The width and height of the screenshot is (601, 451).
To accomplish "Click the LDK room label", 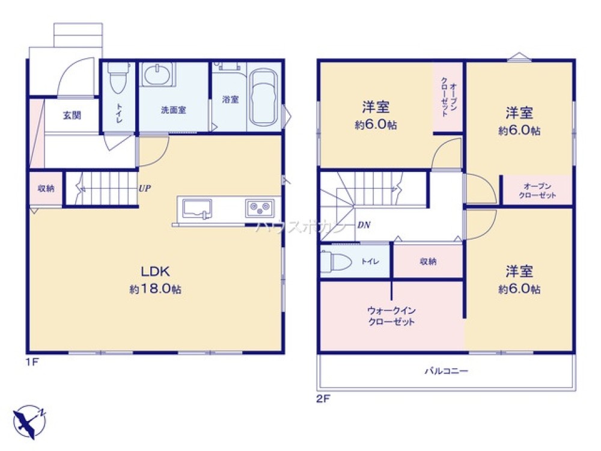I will coord(155,270).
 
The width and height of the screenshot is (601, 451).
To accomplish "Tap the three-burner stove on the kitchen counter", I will coord(260,208).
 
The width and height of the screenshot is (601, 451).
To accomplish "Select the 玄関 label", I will coord(72,115).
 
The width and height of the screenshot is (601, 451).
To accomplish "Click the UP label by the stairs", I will coord(144,188).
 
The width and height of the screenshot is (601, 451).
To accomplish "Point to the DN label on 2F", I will coord(364,226).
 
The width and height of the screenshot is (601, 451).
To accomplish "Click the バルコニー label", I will coord(447,371).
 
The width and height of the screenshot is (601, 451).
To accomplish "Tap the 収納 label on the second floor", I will coord(429,261).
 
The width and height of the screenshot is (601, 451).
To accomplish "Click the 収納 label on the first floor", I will coord(46,188).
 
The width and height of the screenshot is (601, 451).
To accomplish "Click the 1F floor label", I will coord(32,363).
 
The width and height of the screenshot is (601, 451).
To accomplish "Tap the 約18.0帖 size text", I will coord(155,289).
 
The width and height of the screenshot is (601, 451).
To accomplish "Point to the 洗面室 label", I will coord(173,110).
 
